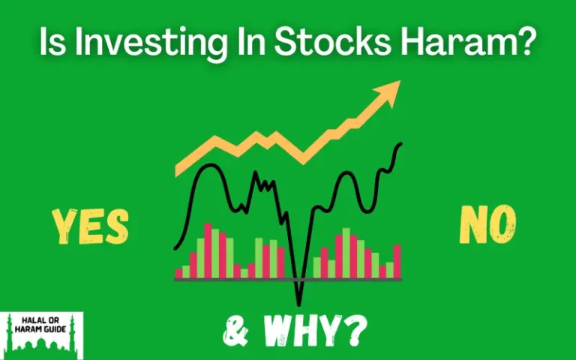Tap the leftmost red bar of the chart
[x=178, y=272]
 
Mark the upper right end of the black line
[x=401, y=144]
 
